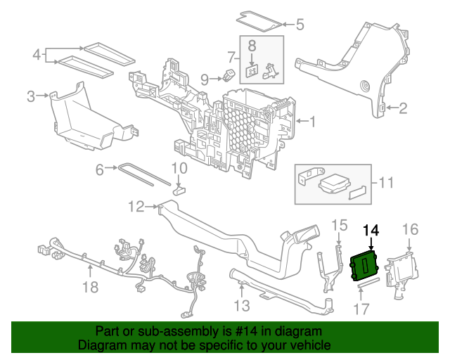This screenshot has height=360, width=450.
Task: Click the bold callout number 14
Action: pos(371,230)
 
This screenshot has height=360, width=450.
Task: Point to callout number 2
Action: pos(403,108)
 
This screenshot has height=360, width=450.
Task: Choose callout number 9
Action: pos(205,79)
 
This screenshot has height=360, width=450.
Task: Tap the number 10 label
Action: pos(179,168)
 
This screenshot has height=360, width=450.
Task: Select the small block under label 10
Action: pos(179,187)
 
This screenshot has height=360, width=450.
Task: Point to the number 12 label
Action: pos(136,206)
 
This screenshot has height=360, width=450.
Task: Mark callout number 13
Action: pos(241,305)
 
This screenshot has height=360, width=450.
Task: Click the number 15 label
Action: pos(339,225)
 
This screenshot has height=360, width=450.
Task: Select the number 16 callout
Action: pos(410,229)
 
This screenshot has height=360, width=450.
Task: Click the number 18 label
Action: pos(89,287)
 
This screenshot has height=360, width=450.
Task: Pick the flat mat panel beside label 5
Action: pos(262,19)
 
